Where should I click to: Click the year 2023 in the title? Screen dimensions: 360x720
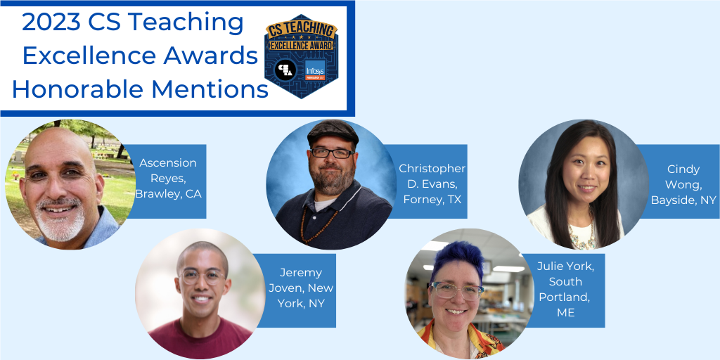coord(50,22)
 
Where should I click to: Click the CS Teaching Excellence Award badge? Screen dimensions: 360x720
coord(300,56)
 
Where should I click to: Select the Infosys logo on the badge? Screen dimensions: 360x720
coord(315,70)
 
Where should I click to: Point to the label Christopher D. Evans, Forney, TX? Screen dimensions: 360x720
coord(432,184)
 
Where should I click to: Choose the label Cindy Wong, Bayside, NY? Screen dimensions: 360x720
coord(683,184)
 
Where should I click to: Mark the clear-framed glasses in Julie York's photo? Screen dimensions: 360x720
coord(458,290)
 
